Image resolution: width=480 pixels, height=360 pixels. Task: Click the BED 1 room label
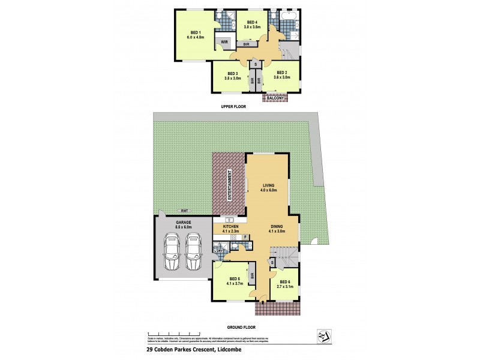(x=196, y=32)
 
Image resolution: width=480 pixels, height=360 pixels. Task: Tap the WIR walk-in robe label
(x=224, y=42)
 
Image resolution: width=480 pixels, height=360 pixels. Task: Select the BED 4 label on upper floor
(x=251, y=22)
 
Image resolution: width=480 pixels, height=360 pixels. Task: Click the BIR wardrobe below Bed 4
(x=246, y=44)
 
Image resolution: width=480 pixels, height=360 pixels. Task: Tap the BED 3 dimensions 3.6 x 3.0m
(x=233, y=78)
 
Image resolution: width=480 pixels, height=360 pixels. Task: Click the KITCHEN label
(x=230, y=226)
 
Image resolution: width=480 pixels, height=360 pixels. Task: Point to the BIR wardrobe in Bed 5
(x=253, y=277)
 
